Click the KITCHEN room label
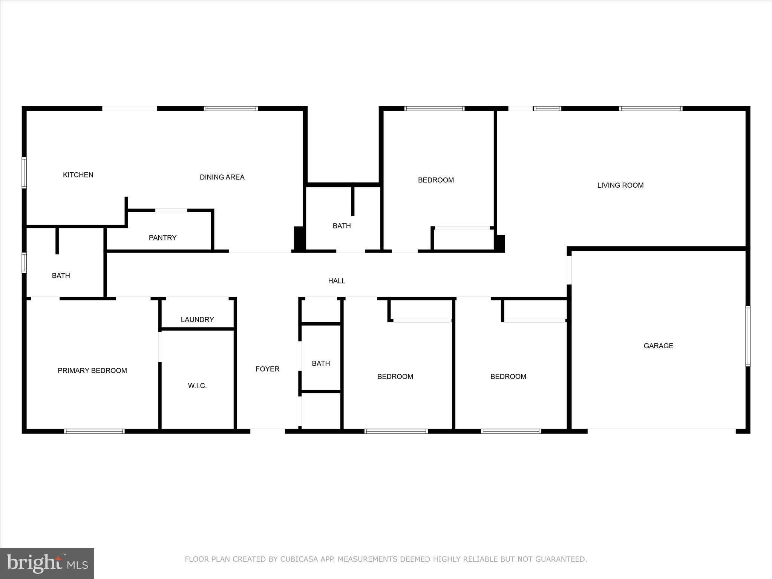pyautogui.click(x=78, y=175)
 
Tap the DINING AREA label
pyautogui.click(x=222, y=177)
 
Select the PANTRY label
pyautogui.click(x=162, y=238)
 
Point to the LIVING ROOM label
pyautogui.click(x=620, y=185)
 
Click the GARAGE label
pyautogui.click(x=658, y=346)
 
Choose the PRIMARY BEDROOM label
pyautogui.click(x=92, y=371)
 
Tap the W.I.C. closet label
pyautogui.click(x=197, y=386)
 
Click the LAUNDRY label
pyautogui.click(x=197, y=320)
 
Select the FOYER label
pyautogui.click(x=267, y=369)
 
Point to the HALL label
pyautogui.click(x=337, y=281)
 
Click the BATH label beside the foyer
pyautogui.click(x=321, y=363)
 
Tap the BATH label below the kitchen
pyautogui.click(x=61, y=276)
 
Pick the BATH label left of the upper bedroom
pyautogui.click(x=342, y=226)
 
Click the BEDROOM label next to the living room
pyautogui.click(x=436, y=180)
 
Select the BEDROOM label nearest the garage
pyautogui.click(x=508, y=377)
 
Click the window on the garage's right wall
pyautogui.click(x=748, y=336)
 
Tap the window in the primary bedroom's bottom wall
pyautogui.click(x=94, y=431)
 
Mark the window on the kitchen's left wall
pyautogui.click(x=24, y=173)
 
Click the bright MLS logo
pyautogui.click(x=47, y=564)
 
